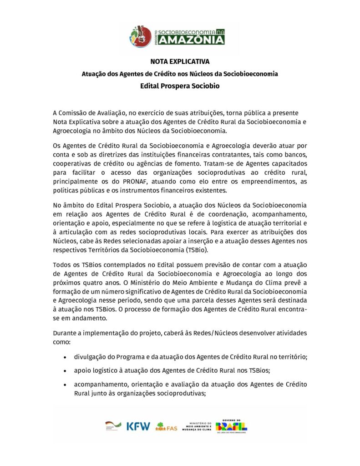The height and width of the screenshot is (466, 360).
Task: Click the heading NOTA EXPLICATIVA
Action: tap(180, 61)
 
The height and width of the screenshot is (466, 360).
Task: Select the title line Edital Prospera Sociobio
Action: tap(180, 85)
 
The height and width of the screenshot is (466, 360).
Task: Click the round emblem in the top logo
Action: tap(140, 35)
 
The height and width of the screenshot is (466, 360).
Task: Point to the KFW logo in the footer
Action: tap(138, 426)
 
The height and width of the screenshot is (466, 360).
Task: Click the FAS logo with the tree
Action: tap(166, 427)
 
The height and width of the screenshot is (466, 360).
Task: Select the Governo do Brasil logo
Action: tap(232, 426)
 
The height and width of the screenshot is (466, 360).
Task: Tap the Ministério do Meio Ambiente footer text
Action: tap(197, 426)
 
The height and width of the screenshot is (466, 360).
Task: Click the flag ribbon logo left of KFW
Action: tap(113, 426)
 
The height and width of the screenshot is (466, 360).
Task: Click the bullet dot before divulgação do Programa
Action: tap(66, 357)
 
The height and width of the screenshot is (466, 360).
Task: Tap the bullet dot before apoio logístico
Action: tap(66, 371)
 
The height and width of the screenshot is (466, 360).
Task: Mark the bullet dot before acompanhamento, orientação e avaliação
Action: tap(66, 385)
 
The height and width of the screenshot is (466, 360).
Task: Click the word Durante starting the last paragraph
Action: tap(66, 333)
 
